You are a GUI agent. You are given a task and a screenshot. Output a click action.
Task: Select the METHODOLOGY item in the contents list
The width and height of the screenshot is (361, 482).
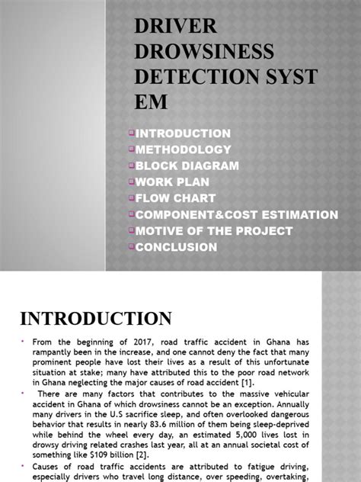click(x=183, y=149)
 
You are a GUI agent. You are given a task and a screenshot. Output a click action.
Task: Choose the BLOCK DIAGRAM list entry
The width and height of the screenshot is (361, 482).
click(x=187, y=165)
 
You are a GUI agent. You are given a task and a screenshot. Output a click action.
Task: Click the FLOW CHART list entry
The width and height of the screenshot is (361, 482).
click(x=174, y=198)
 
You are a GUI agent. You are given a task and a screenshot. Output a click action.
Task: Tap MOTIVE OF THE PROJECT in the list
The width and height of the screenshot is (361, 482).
click(x=213, y=230)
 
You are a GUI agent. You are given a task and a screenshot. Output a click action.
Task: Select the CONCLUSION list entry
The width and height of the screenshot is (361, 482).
click(x=176, y=247)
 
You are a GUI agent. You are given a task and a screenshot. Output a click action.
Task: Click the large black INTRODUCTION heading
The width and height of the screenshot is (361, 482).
click(x=96, y=318)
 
